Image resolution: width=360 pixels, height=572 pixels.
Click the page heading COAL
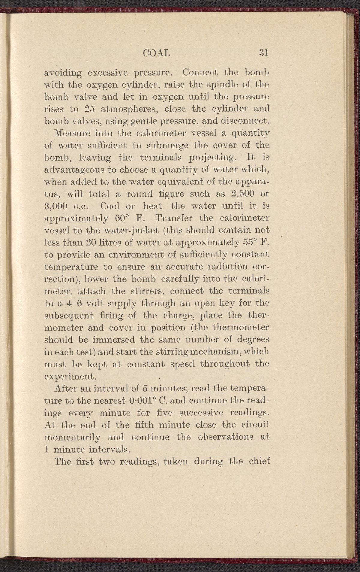point(157,53)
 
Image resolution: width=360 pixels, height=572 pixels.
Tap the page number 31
point(263,53)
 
